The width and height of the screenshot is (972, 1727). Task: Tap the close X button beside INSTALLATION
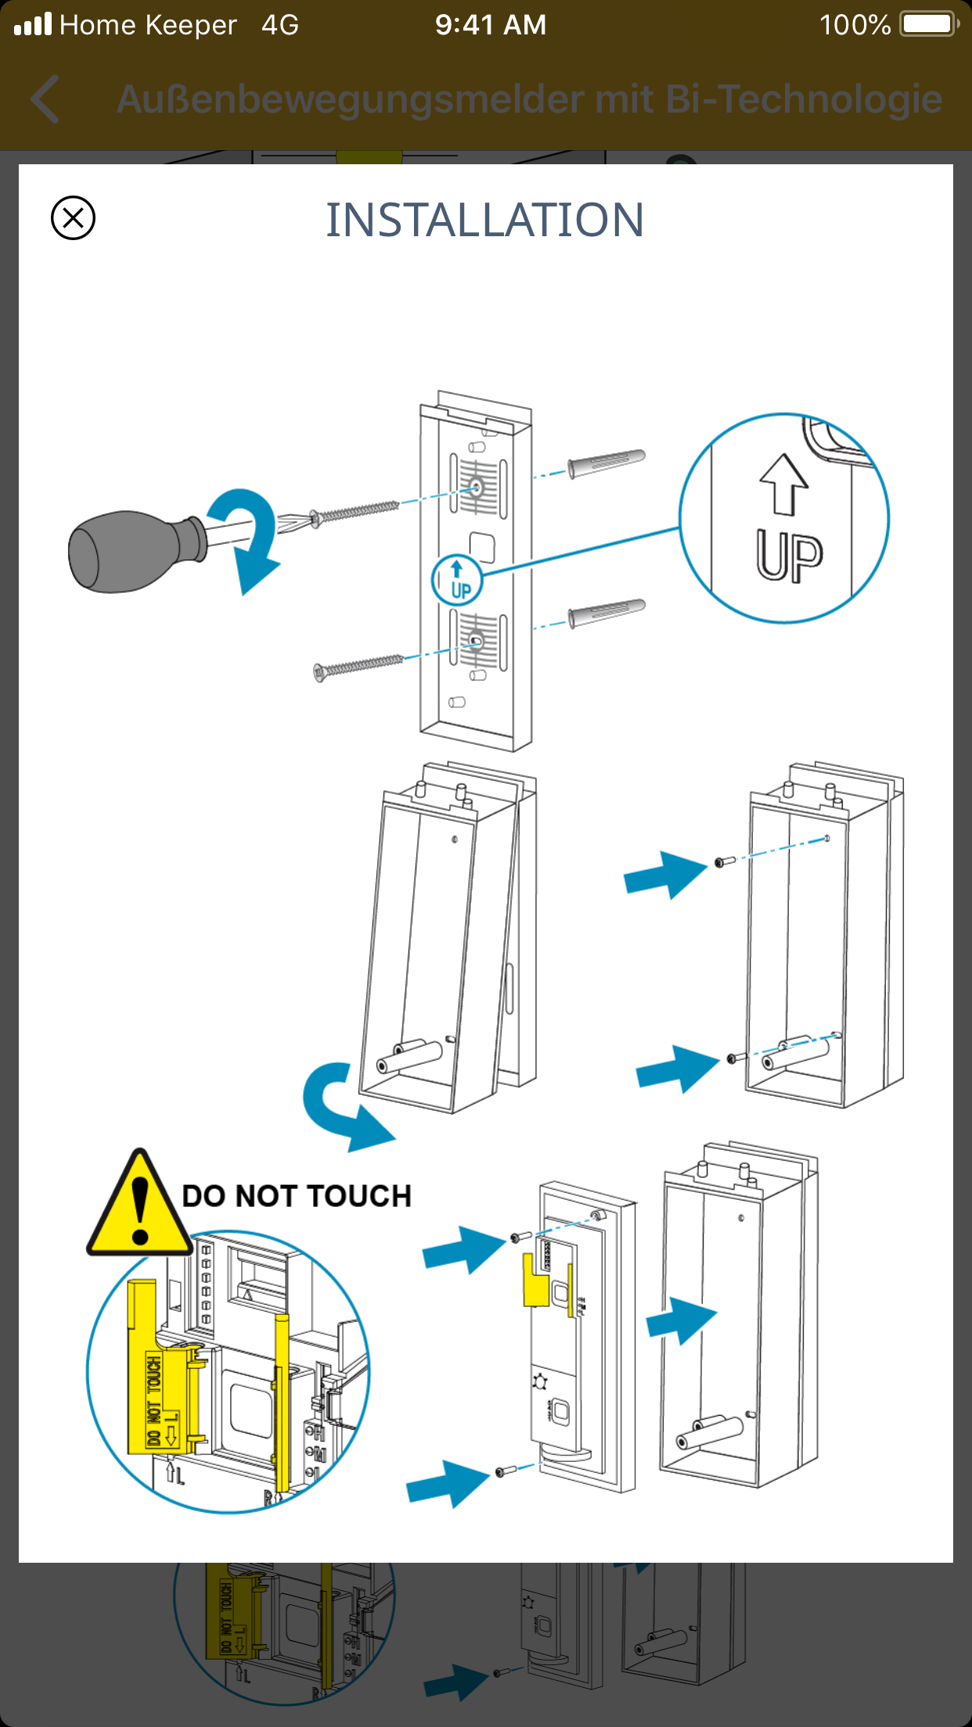pos(73,217)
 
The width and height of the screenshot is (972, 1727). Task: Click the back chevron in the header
pos(45,99)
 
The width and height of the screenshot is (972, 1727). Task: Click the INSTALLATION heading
pos(485,220)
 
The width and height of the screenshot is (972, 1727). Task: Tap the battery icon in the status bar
pos(928,24)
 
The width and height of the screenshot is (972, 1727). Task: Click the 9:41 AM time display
pos(491,25)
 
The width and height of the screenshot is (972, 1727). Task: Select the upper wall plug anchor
pos(607,463)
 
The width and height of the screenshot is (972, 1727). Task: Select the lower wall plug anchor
pos(607,613)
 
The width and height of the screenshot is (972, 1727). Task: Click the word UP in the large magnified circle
pos(789,555)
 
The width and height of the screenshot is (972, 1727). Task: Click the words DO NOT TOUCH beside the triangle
pos(297,1197)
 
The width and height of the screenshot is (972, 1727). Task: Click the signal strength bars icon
pos(33,24)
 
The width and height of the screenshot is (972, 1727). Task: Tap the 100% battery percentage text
pos(855,25)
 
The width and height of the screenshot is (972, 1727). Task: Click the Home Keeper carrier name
pos(148,25)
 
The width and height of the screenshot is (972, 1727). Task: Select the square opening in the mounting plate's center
pos(482,547)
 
